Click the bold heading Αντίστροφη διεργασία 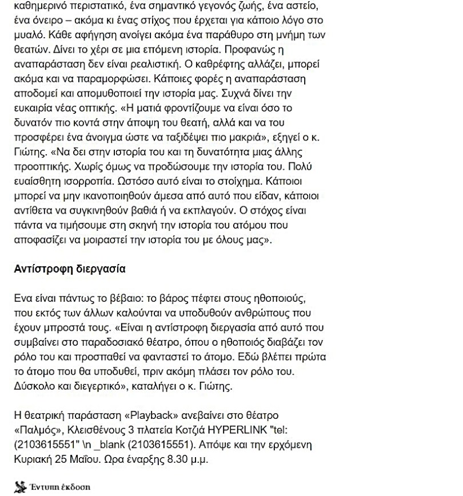[x=69, y=269]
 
